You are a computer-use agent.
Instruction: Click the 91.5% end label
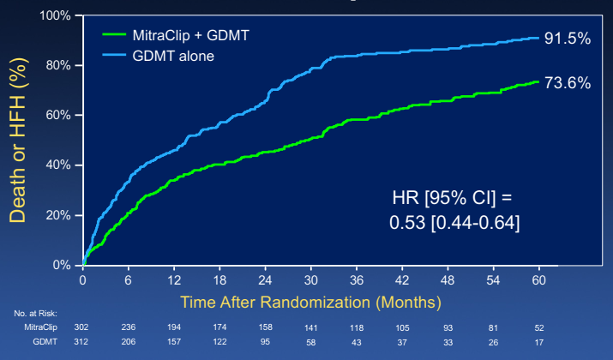pyautogui.click(x=567, y=38)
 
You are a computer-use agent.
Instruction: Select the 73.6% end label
pyautogui.click(x=567, y=83)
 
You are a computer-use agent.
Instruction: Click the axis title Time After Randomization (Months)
pyautogui.click(x=310, y=302)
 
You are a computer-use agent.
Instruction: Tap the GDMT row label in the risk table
pyautogui.click(x=46, y=341)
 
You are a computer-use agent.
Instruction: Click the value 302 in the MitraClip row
pyautogui.click(x=83, y=327)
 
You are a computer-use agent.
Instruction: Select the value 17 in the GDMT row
pyautogui.click(x=538, y=341)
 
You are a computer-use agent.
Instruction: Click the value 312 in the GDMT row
pyautogui.click(x=83, y=341)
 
